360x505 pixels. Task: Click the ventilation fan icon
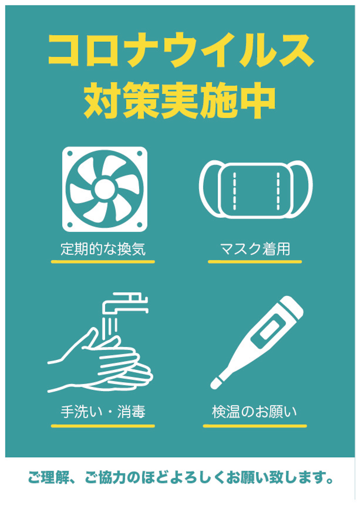(x=104, y=189)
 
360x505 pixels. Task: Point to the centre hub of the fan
(x=104, y=189)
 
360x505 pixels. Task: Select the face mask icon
(x=255, y=189)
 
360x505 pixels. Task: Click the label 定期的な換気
(x=103, y=249)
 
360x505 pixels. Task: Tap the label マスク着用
(x=255, y=249)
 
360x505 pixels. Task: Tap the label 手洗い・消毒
(x=103, y=411)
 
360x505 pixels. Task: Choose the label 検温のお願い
(x=254, y=411)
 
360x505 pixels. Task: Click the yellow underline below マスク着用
(x=254, y=261)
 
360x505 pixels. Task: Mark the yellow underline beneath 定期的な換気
(x=103, y=261)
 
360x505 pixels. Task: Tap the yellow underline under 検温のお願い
(x=254, y=426)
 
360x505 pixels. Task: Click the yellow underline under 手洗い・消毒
(x=103, y=426)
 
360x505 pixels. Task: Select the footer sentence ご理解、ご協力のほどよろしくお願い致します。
(x=180, y=477)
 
